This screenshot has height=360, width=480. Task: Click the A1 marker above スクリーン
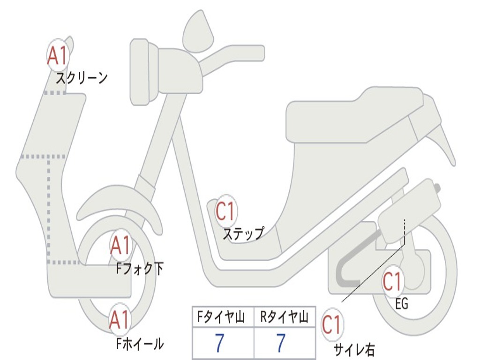pos(58,55)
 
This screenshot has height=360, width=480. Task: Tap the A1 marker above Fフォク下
pos(120,245)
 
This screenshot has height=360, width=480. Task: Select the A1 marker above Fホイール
pos(120,320)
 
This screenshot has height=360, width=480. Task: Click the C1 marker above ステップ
pos(225,211)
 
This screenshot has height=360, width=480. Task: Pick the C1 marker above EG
pos(393,281)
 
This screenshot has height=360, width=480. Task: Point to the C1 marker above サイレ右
pos(332,324)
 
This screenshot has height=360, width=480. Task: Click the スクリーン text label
pos(82,78)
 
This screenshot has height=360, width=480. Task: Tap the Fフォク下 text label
pos(140,269)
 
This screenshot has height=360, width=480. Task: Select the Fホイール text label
pos(140,344)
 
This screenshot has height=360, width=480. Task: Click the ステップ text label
pos(243,234)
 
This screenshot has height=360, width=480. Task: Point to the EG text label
pos(402,304)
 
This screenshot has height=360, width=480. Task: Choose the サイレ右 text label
pos(354,349)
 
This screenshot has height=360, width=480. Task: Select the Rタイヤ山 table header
pos(284,317)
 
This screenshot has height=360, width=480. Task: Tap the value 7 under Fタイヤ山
pos(219,343)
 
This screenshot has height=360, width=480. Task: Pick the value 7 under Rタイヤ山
pos(281,343)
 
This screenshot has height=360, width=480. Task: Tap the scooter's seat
pos(355,118)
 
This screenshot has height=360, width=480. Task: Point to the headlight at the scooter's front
pos(139,72)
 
